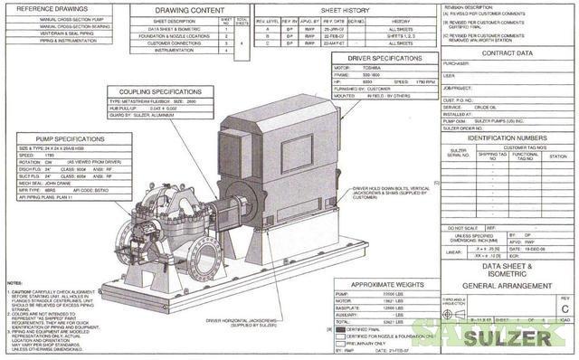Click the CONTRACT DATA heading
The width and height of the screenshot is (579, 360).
point(506,53)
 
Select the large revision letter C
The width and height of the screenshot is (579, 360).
point(565,308)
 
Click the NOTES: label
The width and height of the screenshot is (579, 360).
point(14,284)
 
